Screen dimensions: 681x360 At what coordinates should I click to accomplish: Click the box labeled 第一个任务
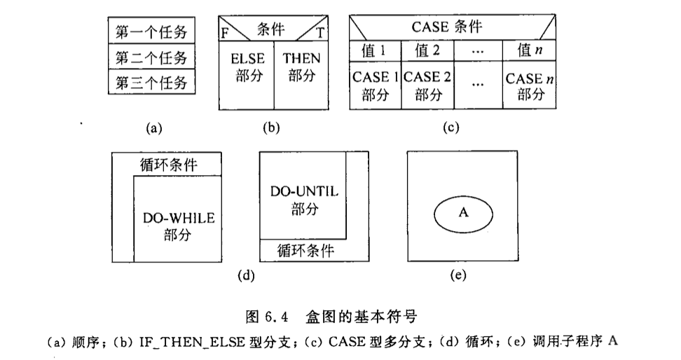point(151,30)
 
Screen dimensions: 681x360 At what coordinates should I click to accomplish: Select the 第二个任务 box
point(151,56)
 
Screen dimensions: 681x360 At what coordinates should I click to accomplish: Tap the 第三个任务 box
point(151,81)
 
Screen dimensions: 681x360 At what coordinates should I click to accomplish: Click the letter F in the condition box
point(225,34)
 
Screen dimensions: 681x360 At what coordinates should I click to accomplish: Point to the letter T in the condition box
point(320,33)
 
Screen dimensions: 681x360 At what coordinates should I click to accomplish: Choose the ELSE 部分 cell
point(247,75)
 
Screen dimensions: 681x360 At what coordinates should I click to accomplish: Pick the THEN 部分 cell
point(301,75)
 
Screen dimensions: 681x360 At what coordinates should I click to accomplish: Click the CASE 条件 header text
point(447,27)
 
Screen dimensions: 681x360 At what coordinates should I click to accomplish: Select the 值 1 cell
point(376,51)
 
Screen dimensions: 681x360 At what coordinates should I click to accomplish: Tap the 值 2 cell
point(428,51)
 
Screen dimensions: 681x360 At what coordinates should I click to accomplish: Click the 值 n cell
point(530,51)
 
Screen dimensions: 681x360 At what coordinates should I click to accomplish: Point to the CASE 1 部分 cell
point(376,85)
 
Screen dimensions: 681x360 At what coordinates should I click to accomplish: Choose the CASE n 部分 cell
point(530,85)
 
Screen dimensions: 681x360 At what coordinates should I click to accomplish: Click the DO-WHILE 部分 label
point(179,226)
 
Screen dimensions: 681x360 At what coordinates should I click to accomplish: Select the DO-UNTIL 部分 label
point(304,200)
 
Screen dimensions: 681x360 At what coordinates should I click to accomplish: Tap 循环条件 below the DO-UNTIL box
point(305,251)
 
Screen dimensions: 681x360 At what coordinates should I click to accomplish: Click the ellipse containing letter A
point(463,214)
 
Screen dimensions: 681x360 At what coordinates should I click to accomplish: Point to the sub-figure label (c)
point(450,127)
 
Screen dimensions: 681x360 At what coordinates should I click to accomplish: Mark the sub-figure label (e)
point(458,275)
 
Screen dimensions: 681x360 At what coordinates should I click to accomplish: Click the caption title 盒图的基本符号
point(362,316)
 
